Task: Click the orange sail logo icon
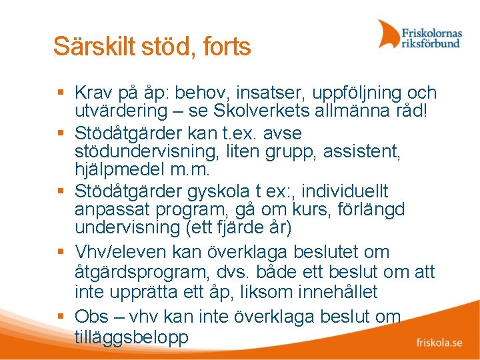[388, 34]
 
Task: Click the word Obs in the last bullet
[92, 316]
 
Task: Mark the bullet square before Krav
[61, 93]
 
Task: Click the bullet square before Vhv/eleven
[61, 253]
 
